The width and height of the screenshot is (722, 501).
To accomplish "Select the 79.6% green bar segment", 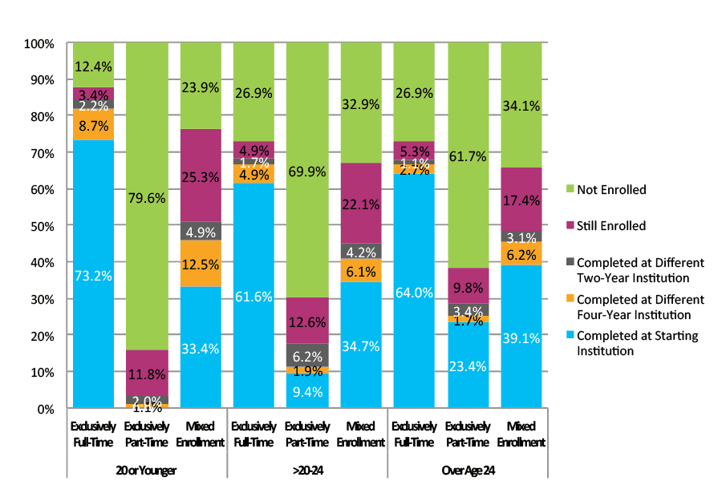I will point(147,196).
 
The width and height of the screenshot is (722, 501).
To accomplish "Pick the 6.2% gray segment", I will point(307,355).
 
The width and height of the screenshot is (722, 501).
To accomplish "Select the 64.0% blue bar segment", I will point(414,291).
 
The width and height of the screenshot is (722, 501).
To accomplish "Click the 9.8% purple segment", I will point(468,285).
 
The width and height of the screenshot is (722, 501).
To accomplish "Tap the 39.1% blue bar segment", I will point(521,337).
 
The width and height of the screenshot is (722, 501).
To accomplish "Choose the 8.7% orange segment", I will point(93,124).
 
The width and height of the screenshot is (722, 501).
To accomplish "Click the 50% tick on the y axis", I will point(42,226).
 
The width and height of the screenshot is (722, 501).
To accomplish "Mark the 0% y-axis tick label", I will point(45,409).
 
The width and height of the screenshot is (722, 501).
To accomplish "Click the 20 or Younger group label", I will point(147,471).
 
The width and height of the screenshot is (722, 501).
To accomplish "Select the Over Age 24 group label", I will point(468,471).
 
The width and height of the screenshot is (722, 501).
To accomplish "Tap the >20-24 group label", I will point(307,471).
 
